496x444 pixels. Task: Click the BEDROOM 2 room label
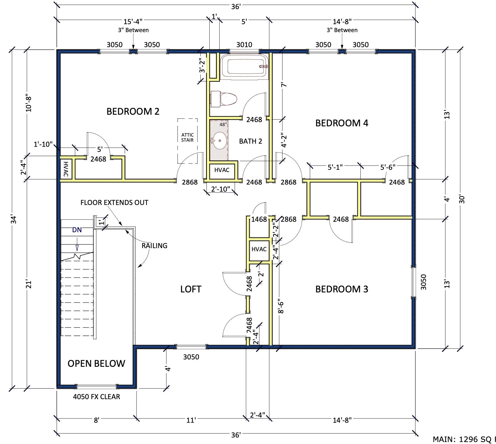point(133,111)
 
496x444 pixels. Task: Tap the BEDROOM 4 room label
point(342,123)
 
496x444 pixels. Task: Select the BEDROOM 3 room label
point(342,289)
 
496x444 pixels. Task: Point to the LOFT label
point(191,289)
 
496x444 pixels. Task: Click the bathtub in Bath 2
point(244,66)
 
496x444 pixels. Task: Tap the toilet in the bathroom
point(224,99)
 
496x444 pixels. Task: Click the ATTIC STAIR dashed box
point(188,141)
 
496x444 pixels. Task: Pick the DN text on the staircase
point(77,230)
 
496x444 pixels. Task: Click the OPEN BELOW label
point(96,363)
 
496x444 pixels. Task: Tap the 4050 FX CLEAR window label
point(96,397)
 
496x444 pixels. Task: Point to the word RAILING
point(154,246)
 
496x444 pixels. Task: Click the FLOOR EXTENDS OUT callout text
point(114,202)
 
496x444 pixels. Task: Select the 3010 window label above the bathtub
point(244,45)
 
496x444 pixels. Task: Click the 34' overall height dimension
point(13,219)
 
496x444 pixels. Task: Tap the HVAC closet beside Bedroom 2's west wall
point(66,169)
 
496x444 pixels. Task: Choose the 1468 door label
point(259,219)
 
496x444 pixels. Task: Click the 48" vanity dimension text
point(223,124)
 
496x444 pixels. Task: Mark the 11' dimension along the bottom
point(191,420)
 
